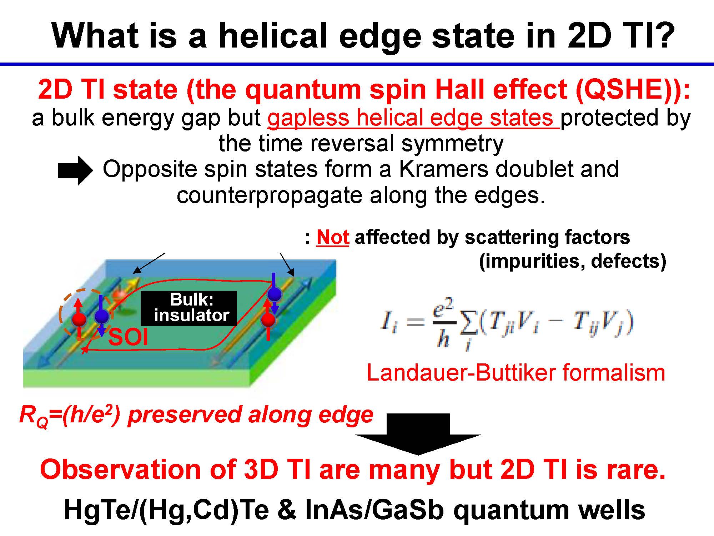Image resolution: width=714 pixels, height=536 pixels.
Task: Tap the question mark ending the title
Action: [x=663, y=35]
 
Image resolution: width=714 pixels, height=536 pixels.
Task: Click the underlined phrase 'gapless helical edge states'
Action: [x=413, y=118]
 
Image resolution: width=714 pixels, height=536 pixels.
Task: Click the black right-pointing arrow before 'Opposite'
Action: [x=75, y=171]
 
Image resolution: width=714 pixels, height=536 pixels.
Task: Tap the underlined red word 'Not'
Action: [x=333, y=237]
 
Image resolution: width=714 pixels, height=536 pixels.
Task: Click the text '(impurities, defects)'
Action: [x=572, y=261]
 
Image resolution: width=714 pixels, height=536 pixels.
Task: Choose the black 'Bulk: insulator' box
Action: [x=189, y=308]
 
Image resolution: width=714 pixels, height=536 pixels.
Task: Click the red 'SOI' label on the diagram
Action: [x=128, y=337]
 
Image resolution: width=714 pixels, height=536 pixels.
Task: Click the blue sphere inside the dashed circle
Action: [x=102, y=317]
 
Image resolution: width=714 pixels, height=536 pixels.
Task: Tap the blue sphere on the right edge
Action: [x=275, y=294]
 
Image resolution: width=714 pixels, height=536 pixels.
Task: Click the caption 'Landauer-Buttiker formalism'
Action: [x=516, y=373]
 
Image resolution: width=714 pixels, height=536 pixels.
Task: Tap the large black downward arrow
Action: [x=418, y=434]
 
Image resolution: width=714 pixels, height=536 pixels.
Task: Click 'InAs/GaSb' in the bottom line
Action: [x=374, y=510]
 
